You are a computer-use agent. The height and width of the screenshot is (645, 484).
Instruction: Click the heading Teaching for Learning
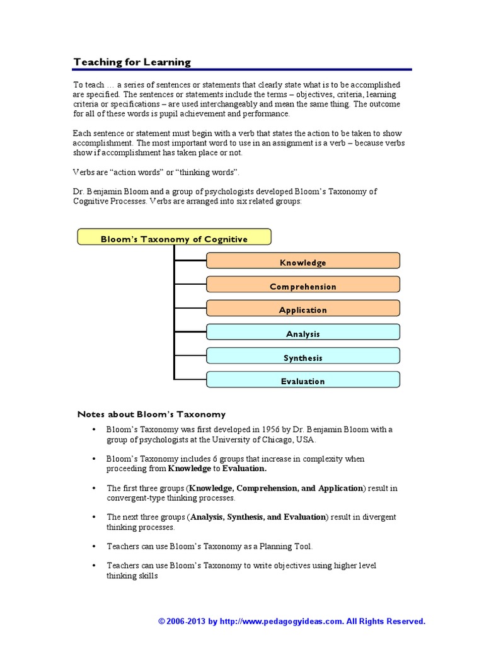click(132, 62)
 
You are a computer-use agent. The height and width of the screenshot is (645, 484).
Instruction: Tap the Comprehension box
click(303, 286)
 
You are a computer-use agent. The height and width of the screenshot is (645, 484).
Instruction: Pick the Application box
click(303, 309)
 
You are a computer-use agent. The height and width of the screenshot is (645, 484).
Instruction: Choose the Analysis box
click(303, 333)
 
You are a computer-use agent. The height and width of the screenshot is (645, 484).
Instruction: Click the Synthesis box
click(303, 357)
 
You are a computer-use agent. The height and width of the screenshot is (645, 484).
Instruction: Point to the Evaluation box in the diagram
click(303, 380)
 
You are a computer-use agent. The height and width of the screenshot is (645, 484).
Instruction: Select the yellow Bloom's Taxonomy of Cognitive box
click(174, 238)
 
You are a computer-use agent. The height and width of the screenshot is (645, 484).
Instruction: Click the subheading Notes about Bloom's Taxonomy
click(151, 414)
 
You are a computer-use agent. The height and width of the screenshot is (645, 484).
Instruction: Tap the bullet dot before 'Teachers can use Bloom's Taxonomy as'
click(93, 546)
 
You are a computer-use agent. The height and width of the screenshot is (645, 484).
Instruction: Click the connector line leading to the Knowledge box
click(190, 260)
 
